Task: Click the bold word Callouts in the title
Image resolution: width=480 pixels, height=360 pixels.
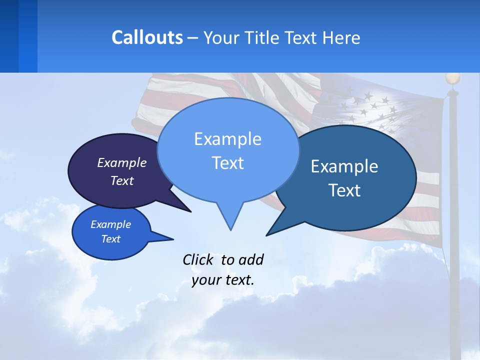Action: click(147, 37)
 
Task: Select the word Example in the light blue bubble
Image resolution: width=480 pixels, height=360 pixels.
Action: click(227, 138)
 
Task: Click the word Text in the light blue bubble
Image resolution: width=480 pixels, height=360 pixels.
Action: click(227, 163)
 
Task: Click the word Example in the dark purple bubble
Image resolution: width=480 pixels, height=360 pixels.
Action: click(121, 162)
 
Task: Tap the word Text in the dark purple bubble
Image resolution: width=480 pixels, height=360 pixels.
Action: click(121, 180)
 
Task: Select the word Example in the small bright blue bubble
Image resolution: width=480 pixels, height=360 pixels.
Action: click(110, 224)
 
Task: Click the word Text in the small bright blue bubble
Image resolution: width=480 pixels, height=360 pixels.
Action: click(110, 239)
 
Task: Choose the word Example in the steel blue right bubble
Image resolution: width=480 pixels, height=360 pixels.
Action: click(344, 166)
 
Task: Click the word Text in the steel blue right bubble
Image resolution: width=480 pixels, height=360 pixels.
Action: click(344, 190)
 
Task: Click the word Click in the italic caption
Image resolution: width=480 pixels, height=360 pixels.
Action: click(199, 259)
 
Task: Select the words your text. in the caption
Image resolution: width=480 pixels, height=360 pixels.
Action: click(223, 280)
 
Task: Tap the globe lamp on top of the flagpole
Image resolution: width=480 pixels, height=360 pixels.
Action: click(452, 78)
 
